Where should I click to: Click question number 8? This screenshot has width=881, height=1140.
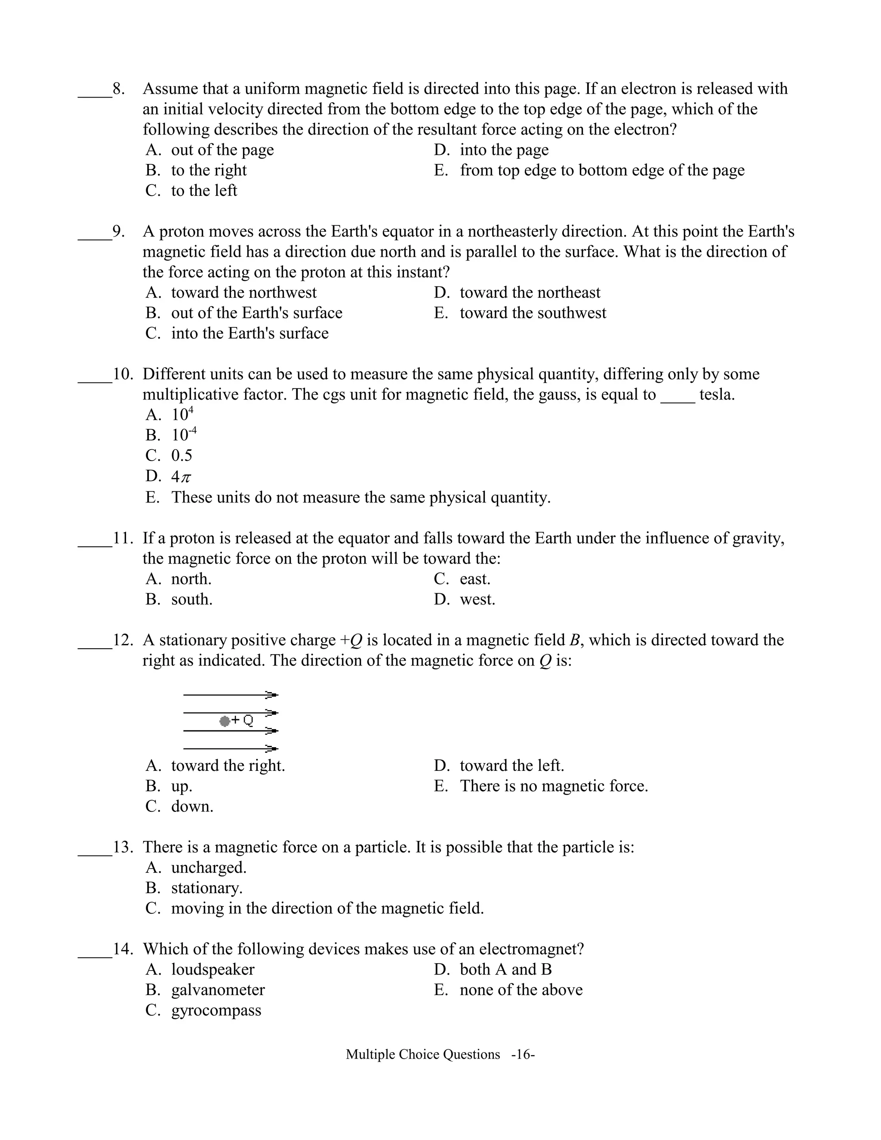pos(118,89)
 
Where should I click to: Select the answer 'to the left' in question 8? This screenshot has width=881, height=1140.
pos(203,191)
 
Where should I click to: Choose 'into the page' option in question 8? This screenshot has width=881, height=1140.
pos(504,150)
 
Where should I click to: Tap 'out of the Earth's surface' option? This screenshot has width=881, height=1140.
pos(256,313)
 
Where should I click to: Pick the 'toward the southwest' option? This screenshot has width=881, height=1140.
pos(533,313)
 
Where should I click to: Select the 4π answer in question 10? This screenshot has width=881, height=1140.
pos(181,477)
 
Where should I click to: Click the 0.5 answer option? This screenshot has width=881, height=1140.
pos(182,456)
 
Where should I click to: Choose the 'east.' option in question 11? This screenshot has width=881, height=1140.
pos(474,579)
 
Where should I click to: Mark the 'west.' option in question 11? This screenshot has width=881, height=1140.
pos(477,599)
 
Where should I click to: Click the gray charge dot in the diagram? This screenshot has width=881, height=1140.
pos(225,721)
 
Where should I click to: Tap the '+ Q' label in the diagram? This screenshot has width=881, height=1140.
pos(243,720)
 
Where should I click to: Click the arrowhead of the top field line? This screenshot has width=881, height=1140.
pos(271,695)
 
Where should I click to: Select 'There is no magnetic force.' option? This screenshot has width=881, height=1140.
pos(553,786)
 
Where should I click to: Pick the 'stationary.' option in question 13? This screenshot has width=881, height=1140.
pos(206,888)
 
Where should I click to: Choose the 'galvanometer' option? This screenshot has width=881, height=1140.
pos(218,990)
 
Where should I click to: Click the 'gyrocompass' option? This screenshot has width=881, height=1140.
pos(216,1010)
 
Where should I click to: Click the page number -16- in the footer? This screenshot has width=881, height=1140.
pos(523,1054)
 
